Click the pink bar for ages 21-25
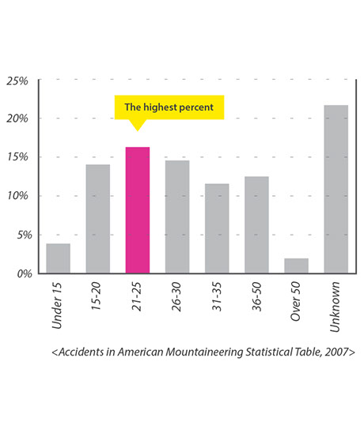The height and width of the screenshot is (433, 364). tap(138, 210)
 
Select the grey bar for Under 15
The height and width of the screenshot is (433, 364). tap(58, 258)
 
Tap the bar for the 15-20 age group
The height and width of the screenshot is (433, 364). tap(98, 219)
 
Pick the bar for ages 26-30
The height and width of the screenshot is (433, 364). tap(177, 216)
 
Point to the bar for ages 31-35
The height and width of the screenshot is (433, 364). tap(217, 228)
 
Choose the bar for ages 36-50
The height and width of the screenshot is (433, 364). tap(256, 224)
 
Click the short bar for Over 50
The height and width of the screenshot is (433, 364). tap(296, 266)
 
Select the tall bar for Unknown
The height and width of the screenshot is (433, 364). tap(336, 189)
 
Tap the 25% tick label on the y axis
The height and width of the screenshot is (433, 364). tap(17, 81)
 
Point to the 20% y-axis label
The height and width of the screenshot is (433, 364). tap(17, 119)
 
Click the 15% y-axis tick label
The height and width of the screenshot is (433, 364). tap(17, 157)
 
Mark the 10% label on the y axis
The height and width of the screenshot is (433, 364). tap(17, 196)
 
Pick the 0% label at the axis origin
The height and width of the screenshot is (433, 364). tap(25, 273)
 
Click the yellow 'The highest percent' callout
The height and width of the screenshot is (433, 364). tap(169, 107)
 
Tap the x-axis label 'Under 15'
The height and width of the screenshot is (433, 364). tap(57, 306)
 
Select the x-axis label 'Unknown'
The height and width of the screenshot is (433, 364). tap(335, 307)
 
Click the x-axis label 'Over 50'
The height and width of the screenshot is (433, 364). tap(295, 301)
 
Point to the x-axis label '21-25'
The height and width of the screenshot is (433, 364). tap(137, 296)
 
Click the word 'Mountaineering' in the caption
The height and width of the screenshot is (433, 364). tap(204, 352)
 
